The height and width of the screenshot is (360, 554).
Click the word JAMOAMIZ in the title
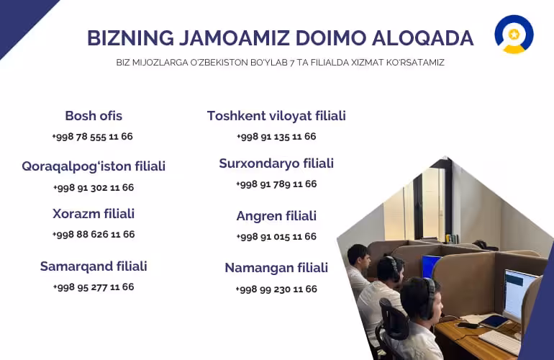(235, 38)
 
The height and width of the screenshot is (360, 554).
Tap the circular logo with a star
(514, 35)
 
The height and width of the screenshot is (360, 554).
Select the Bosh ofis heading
(94, 116)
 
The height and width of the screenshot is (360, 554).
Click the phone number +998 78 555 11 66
(93, 137)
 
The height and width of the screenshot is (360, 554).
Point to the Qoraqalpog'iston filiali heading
(94, 166)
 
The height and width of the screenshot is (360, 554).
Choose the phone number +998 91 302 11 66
(94, 187)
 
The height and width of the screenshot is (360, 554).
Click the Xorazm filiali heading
(94, 214)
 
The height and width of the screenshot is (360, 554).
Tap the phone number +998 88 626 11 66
(94, 234)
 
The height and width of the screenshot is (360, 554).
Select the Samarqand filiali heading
(94, 266)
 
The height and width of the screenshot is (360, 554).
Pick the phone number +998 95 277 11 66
(94, 287)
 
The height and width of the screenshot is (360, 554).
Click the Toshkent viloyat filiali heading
(276, 116)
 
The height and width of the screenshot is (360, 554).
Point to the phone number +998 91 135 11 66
(276, 137)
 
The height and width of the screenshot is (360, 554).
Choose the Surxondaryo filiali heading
(276, 163)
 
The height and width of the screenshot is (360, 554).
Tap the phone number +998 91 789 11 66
(276, 184)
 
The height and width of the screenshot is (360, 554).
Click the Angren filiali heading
(276, 216)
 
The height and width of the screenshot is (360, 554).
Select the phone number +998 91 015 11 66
(276, 237)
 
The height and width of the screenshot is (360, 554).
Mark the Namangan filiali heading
(276, 268)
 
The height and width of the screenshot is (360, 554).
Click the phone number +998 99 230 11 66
(276, 289)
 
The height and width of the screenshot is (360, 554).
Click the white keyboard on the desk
(500, 341)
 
